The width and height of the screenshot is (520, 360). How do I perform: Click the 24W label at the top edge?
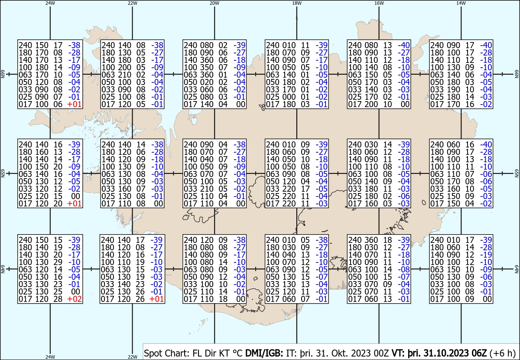[50, 3]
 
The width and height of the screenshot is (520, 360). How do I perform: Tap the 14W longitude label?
[461, 3]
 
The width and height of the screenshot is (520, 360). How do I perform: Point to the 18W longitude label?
[297, 3]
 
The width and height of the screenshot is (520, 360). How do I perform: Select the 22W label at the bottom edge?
[132, 357]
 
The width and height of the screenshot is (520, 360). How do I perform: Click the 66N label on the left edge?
[3, 74]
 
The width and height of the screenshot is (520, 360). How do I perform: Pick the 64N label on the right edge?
[517, 269]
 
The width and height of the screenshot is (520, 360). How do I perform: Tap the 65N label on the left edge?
[3, 173]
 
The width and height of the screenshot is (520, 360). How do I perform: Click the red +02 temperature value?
[74, 299]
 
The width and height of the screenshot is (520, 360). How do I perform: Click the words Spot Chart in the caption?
[167, 353]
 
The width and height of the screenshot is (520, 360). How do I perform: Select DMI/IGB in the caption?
[264, 353]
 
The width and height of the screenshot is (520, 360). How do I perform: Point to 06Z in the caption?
[479, 353]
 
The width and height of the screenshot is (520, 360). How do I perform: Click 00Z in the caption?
[381, 353]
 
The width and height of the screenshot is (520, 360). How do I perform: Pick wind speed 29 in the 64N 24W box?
[58, 262]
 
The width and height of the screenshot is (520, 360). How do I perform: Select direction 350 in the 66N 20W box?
[205, 67]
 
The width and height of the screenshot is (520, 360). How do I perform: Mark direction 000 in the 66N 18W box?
[289, 97]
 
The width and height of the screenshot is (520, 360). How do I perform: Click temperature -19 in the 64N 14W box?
[486, 255]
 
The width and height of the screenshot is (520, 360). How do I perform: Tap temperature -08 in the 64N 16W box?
[404, 269]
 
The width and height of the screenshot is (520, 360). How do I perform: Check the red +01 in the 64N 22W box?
[157, 299]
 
